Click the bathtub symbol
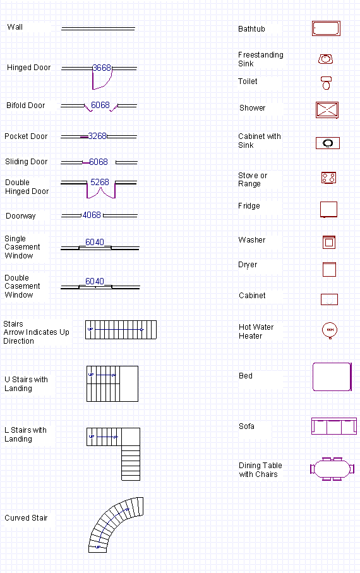click(326, 28)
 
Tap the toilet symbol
click(326, 83)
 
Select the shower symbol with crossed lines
click(328, 109)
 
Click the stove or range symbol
click(328, 178)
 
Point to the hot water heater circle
click(330, 329)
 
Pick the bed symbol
click(332, 377)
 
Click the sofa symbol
click(333, 426)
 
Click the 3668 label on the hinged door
click(102, 68)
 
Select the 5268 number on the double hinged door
click(100, 182)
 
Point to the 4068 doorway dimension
click(92, 215)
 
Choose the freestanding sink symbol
click(325, 59)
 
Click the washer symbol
click(328, 242)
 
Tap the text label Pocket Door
click(26, 136)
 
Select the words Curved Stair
click(26, 518)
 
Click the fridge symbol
click(328, 209)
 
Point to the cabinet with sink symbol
click(328, 143)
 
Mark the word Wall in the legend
click(15, 27)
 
